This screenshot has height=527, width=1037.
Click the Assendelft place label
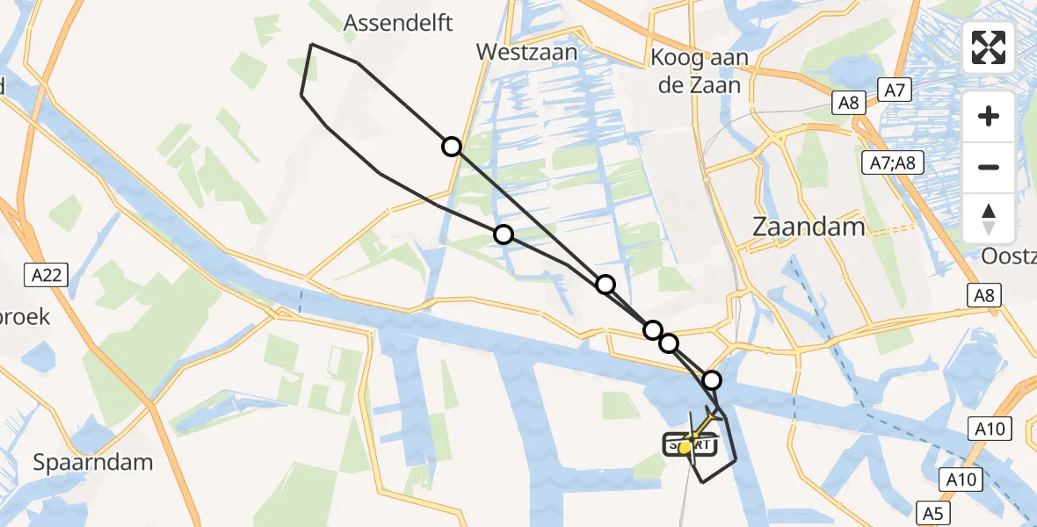398,23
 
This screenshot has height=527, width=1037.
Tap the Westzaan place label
526,52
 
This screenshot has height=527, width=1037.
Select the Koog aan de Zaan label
700,72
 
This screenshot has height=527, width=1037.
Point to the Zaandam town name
809,227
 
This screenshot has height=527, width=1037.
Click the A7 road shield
895,89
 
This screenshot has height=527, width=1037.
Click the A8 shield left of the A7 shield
848,103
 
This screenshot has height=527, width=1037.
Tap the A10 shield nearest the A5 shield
961,480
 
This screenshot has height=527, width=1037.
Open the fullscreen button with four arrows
989,47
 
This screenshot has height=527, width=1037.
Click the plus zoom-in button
989,116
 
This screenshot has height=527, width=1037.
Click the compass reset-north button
989,218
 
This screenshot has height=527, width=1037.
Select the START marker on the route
689,445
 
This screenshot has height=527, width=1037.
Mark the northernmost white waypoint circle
451,147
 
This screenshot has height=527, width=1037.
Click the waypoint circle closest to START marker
712,380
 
